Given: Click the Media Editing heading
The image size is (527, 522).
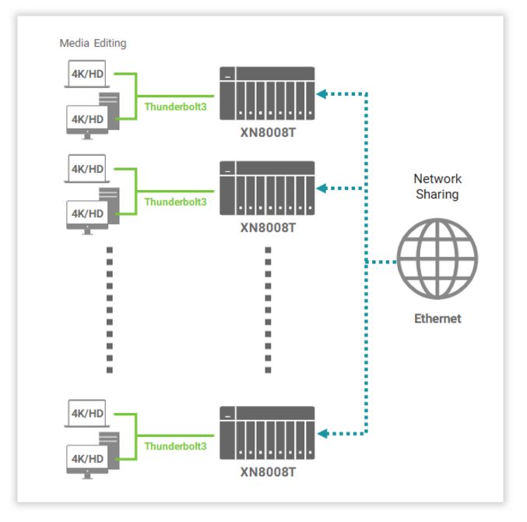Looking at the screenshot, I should tap(93, 44).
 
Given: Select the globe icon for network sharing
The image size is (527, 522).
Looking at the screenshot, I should tap(437, 259).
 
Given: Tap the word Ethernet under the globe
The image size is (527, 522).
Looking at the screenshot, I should tap(437, 319).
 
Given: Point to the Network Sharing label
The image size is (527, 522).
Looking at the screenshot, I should tap(437, 186).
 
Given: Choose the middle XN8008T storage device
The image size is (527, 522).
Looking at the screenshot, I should tap(267, 188).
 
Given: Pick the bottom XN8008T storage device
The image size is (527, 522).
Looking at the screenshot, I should tap(267, 432).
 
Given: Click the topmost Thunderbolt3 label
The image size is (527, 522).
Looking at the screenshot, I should tap(175, 107).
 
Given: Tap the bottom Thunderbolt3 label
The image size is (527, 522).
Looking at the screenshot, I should tap(175, 446).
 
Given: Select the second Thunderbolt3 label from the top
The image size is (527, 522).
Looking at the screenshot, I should tap(175, 202).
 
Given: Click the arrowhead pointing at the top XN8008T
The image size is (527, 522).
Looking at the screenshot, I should tap(321, 93).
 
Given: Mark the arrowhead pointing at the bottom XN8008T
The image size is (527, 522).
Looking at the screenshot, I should tap(321, 432).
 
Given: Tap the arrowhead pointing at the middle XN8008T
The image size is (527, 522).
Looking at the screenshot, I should tap(321, 188).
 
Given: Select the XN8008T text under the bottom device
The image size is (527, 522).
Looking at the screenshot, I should tap(267, 471).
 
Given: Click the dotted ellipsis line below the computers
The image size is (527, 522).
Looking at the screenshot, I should tap(109, 309).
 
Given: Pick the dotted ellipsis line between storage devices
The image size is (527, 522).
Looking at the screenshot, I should tap(267, 309).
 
